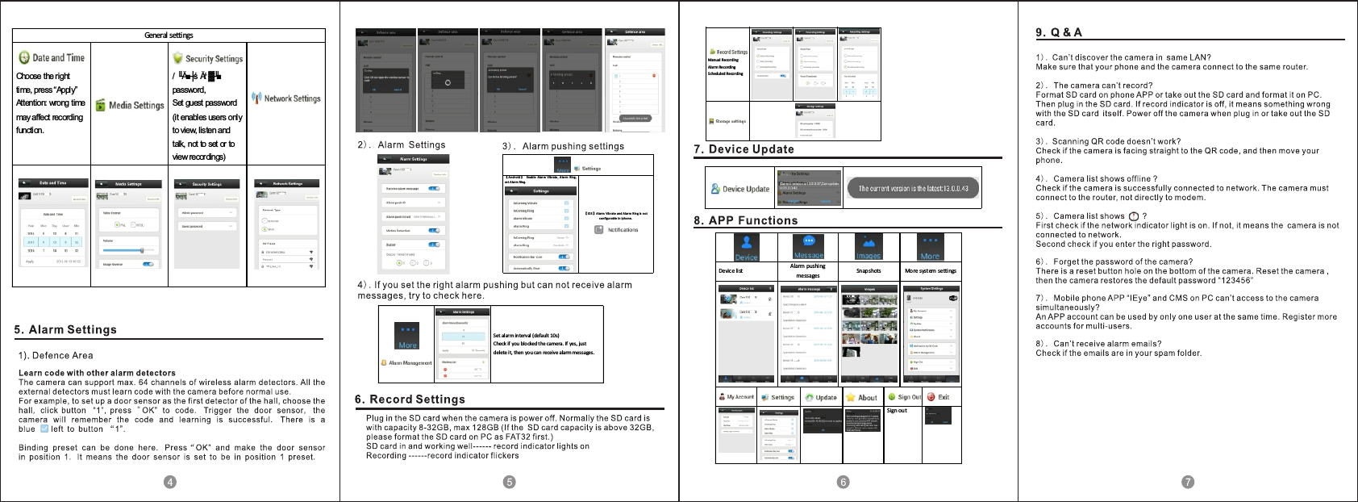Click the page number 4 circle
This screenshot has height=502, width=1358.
[x=169, y=482]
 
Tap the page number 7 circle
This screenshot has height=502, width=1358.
[x=1188, y=482]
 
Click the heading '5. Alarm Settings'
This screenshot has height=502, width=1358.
[x=65, y=329]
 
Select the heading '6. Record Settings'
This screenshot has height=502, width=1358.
[x=410, y=400]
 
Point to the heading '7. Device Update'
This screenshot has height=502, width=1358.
[x=744, y=149]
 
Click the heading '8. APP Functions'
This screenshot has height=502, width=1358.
[x=745, y=220]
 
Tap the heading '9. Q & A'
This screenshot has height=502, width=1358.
[x=1059, y=32]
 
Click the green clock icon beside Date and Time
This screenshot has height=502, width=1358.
[x=24, y=57]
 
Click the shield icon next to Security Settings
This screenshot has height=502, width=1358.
[x=178, y=58]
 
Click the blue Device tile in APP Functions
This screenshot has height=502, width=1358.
[x=746, y=247]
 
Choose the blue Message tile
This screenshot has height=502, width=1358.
[x=809, y=246]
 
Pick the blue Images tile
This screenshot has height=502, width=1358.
[x=868, y=247]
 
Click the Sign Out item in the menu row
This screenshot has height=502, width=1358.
[x=904, y=397]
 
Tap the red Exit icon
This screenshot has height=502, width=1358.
[x=931, y=397]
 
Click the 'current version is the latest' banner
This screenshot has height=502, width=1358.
[x=912, y=188]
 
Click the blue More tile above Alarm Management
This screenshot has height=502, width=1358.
[x=408, y=336]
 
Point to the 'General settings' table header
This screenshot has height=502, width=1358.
[x=169, y=36]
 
